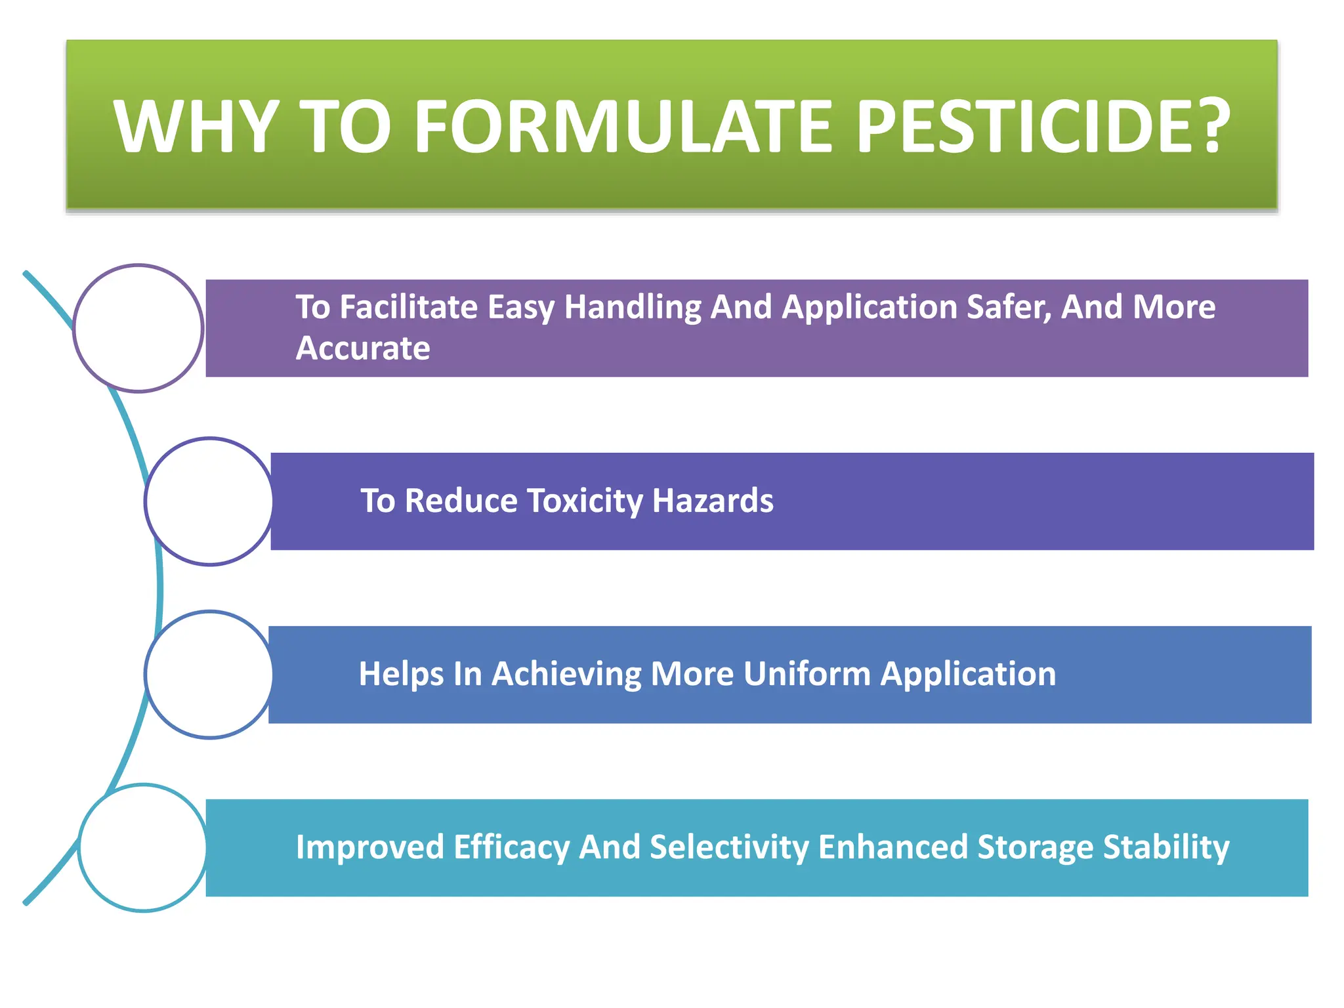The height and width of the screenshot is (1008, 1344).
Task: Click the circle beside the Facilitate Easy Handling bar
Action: [x=138, y=328]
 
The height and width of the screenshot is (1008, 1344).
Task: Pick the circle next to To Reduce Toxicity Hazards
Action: [x=209, y=501]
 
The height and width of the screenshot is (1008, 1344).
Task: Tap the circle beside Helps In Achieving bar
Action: [x=209, y=675]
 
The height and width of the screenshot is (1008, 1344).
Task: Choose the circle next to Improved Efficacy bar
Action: [x=143, y=848]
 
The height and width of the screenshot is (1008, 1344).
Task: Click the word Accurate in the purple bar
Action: [x=363, y=348]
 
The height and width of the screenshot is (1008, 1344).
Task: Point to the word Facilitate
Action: [x=408, y=307]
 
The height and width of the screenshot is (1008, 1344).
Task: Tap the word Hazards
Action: [x=713, y=501]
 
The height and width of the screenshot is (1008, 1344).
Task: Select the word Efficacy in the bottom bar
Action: [x=511, y=847]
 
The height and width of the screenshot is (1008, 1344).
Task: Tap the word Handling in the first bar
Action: [x=633, y=307]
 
